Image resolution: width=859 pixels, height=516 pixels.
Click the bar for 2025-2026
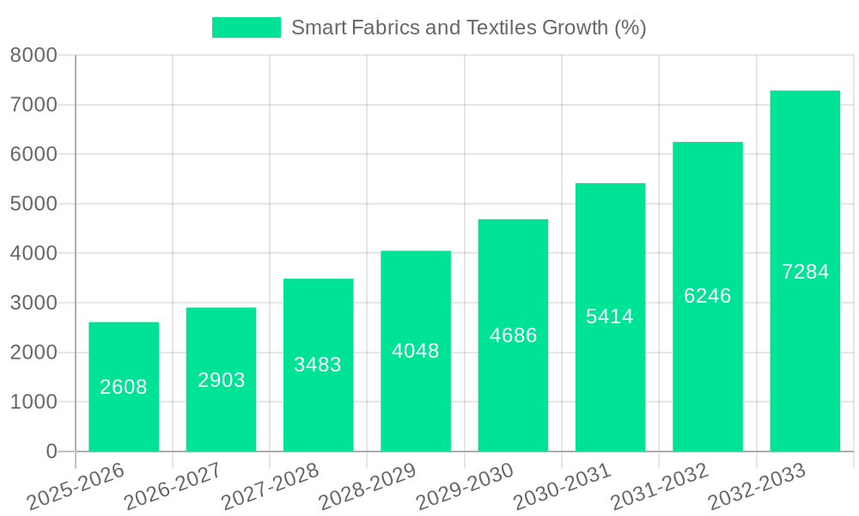[124, 387]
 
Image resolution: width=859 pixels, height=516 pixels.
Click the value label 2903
[222, 380]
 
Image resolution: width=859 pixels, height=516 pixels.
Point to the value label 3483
[318, 365]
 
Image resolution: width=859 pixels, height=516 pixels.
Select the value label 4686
[514, 335]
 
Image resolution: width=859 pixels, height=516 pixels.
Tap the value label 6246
[708, 296]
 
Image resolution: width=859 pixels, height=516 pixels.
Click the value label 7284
[806, 272]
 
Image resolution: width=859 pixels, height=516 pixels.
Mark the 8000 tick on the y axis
[34, 56]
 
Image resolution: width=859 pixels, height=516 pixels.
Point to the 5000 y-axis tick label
[34, 204]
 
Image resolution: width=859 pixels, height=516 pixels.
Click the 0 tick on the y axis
[52, 451]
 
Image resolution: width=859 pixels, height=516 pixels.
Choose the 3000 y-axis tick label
[34, 303]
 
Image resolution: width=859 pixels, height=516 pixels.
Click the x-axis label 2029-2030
[465, 487]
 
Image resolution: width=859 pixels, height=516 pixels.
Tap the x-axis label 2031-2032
[660, 487]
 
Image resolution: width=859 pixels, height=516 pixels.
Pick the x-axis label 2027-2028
[271, 487]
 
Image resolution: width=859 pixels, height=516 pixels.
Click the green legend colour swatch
[247, 28]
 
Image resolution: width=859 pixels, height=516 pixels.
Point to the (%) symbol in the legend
[630, 28]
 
